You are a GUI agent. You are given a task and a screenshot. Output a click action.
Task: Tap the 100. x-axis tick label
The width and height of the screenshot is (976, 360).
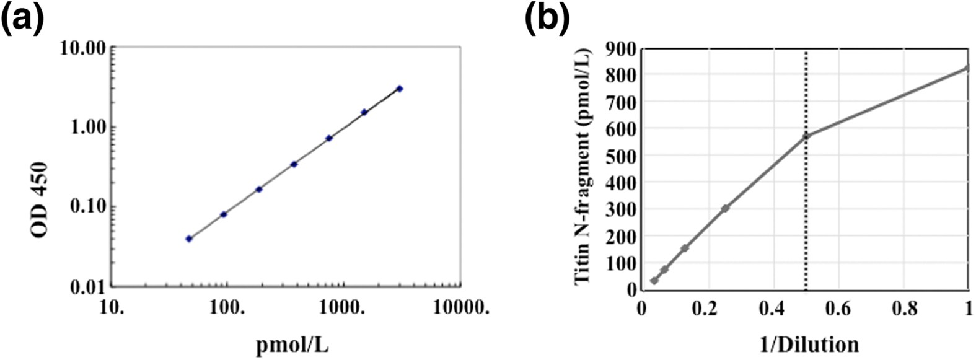[228, 307]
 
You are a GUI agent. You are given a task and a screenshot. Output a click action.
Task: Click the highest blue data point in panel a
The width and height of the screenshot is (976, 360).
[400, 89]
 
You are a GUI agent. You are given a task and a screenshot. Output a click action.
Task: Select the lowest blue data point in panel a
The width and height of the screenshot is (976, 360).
[189, 239]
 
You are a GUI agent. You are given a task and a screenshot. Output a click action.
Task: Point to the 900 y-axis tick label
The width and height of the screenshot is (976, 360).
[621, 47]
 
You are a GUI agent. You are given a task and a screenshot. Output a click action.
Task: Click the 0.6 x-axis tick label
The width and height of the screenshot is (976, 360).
[838, 307]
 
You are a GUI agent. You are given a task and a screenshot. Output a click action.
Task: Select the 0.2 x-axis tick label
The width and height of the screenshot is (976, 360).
[707, 307]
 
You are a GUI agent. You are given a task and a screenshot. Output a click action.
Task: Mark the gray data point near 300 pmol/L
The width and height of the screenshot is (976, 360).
[725, 208]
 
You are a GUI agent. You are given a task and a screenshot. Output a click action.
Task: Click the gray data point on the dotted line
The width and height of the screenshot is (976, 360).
[806, 136]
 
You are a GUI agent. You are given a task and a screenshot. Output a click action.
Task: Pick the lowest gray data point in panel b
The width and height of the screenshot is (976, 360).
[654, 281]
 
